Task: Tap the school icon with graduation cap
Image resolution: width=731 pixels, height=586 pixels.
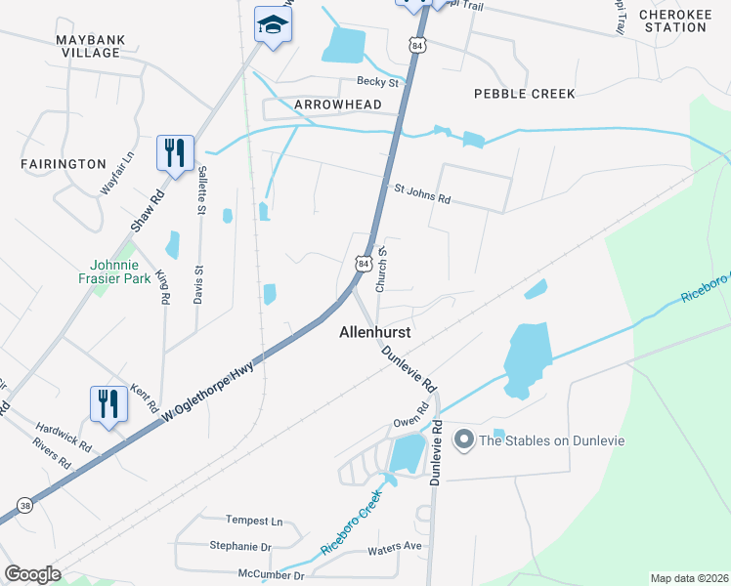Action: [274, 26]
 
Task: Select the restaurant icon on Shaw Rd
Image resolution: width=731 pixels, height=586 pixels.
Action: [175, 153]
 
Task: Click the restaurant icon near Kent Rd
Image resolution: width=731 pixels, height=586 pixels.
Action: [107, 403]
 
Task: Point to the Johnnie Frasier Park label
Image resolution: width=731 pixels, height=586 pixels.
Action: [122, 272]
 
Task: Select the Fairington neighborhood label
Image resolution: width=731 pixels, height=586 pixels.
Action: [63, 164]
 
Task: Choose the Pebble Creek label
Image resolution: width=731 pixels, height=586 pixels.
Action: [524, 94]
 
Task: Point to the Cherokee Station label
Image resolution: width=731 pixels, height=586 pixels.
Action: [672, 21]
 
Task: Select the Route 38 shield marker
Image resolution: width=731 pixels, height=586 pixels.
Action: [24, 506]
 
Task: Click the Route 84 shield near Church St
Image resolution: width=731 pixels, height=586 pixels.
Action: [363, 264]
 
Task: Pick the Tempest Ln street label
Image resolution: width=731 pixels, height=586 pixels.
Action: [253, 521]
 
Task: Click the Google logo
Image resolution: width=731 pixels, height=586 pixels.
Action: [32, 573]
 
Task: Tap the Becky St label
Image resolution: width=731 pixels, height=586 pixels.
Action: [378, 82]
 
